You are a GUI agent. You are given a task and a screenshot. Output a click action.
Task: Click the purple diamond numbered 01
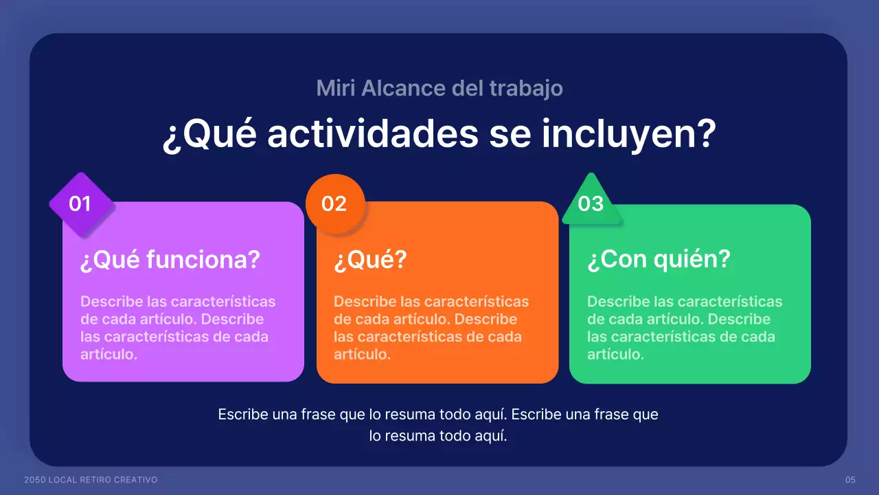(80, 204)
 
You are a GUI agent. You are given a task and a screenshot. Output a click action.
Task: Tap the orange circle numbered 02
(334, 204)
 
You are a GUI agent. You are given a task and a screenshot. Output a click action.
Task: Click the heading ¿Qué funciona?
(170, 260)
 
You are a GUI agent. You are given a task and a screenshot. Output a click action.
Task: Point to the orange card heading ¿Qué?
(371, 261)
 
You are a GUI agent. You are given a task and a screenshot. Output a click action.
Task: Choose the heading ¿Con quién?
(659, 260)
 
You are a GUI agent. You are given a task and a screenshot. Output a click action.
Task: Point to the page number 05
(850, 479)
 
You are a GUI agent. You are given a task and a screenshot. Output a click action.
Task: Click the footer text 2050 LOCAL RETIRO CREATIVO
(91, 479)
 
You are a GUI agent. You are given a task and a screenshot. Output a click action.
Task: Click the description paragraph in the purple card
(178, 328)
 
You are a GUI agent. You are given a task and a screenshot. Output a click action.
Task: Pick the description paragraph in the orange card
(431, 328)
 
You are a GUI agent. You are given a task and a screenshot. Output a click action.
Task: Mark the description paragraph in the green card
(685, 328)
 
